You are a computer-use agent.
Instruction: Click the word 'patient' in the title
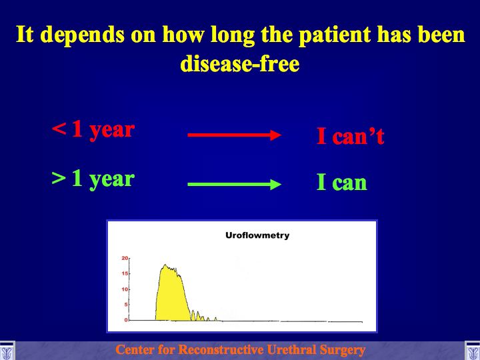coord(335,35)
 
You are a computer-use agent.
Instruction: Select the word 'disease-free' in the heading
coord(240,64)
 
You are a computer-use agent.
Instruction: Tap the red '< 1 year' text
coord(93,130)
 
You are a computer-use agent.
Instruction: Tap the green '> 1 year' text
coord(93,179)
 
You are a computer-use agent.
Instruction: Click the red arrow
coord(235,135)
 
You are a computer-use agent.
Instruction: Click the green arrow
coord(235,184)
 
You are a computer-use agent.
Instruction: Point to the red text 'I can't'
coord(351,136)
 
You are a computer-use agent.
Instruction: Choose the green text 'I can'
coord(342,183)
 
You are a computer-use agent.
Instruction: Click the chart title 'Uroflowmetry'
coord(257,235)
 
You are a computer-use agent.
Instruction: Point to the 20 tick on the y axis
coord(125,259)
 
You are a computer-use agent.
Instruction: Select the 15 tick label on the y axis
coord(125,274)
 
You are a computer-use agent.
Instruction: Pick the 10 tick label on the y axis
coord(125,289)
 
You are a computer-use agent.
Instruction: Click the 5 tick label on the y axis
coord(126,305)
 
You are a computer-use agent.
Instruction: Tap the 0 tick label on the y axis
coord(126,320)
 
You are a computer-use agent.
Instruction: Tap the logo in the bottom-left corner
coord(7,351)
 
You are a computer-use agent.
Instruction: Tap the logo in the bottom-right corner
coord(473,351)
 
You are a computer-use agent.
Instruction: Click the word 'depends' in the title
coord(83,35)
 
